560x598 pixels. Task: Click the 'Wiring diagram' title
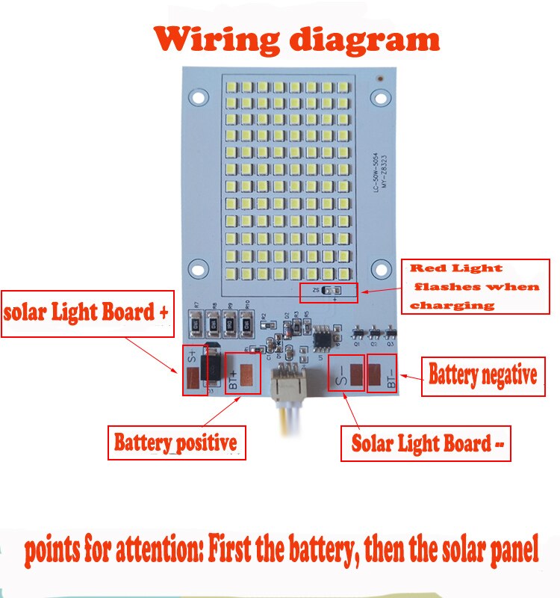[x=296, y=39]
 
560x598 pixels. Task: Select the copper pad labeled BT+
[x=245, y=374]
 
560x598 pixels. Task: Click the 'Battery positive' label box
[x=175, y=443]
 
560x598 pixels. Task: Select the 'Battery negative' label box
[x=482, y=375]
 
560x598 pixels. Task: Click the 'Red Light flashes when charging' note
[x=476, y=286]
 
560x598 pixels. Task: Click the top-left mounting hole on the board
[x=198, y=97]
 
